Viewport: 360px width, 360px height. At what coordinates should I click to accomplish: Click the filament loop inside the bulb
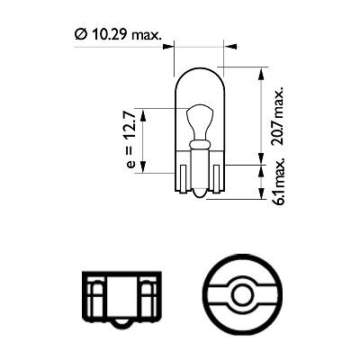[x=199, y=120]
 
